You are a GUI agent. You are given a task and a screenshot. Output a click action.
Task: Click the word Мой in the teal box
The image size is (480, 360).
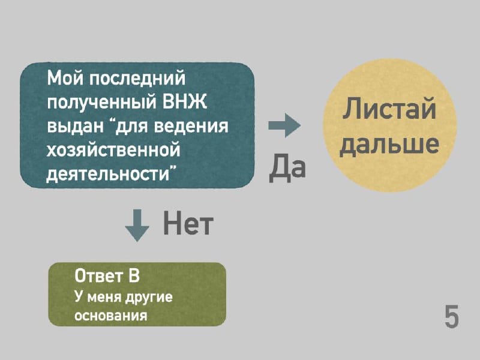point(65,78)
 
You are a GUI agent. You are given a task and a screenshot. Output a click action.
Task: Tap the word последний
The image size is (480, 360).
point(137,79)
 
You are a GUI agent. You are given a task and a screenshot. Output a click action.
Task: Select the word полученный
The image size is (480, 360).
point(101,103)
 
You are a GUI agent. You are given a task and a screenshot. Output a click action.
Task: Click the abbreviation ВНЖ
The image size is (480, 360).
point(184,101)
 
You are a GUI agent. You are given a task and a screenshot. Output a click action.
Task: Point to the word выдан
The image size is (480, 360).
point(76,126)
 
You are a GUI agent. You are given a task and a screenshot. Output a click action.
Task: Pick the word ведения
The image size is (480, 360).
point(191,127)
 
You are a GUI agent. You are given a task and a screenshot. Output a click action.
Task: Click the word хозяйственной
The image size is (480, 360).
point(113,151)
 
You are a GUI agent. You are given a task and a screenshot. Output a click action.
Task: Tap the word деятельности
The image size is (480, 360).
point(108,175)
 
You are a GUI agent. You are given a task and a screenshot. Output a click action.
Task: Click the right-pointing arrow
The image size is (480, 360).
point(284,125)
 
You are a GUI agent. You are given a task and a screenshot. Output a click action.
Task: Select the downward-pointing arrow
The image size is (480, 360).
point(137,226)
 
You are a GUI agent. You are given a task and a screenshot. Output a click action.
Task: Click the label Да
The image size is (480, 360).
point(287,167)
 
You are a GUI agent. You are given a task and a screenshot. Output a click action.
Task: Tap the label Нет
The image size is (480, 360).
point(188,223)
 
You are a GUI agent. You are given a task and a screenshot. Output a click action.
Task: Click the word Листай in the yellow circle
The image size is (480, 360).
point(389,108)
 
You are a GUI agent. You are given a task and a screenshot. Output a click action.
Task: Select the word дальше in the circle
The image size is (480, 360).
point(389,144)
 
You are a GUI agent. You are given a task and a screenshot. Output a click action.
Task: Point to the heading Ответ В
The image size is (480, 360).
point(107,276)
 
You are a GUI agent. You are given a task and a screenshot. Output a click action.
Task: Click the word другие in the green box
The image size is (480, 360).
point(149,297)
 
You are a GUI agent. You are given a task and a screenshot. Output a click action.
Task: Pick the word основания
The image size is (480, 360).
point(111,315)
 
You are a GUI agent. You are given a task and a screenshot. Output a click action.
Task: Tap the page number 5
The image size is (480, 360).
point(452,316)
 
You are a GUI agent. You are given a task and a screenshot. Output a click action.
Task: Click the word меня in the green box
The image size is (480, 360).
point(104,297)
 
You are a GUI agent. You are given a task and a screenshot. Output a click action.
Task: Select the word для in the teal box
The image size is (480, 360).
point(131,127)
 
